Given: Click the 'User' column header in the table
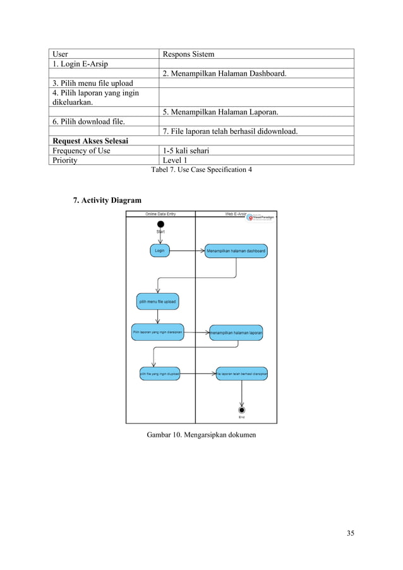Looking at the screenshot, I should click(x=60, y=54).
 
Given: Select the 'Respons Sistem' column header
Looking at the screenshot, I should click(x=188, y=54).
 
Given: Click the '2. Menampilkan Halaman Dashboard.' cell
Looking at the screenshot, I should click(x=224, y=74).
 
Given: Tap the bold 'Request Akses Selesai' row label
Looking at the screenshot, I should click(x=90, y=141).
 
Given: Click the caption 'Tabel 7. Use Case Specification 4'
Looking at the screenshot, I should click(x=201, y=170).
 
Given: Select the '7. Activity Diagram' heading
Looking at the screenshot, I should click(x=107, y=201).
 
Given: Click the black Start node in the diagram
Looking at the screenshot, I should click(x=160, y=224).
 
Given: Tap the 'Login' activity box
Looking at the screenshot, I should click(x=160, y=251).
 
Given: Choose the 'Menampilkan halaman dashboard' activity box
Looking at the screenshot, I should click(x=236, y=252).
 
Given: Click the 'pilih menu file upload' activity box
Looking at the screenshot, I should click(x=157, y=301).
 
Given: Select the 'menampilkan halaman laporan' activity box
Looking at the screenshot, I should click(x=236, y=332).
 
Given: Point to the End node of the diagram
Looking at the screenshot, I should click(x=241, y=409).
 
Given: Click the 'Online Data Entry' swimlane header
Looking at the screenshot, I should click(x=160, y=214).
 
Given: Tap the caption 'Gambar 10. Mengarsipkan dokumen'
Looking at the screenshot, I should click(x=201, y=435).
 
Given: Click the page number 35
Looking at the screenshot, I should click(x=350, y=533).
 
